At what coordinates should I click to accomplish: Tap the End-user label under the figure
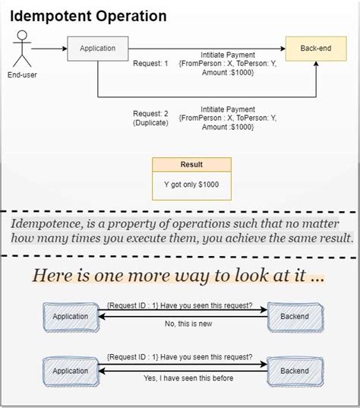(21, 75)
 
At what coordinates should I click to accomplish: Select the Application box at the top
(97, 49)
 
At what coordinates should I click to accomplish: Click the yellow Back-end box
(314, 49)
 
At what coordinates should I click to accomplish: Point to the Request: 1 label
(150, 64)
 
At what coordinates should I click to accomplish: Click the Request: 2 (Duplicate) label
(150, 118)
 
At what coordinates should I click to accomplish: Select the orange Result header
(191, 164)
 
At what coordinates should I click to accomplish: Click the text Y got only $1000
(191, 185)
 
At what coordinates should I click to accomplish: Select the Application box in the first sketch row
(70, 317)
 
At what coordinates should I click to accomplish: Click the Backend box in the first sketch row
(295, 317)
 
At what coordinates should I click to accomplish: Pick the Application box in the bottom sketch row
(70, 372)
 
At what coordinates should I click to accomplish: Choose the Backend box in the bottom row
(295, 372)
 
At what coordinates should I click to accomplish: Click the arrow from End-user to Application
(50, 49)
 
